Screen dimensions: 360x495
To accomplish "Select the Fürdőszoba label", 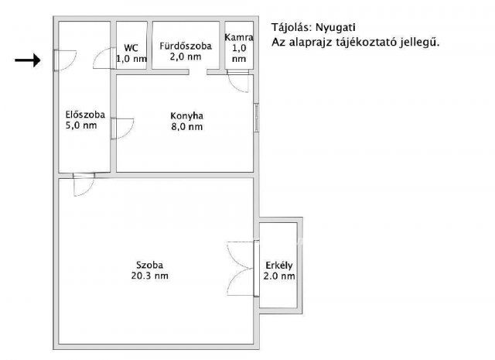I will (186, 46).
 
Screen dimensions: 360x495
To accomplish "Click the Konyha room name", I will (186, 117).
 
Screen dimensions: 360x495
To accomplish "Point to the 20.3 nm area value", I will (151, 276).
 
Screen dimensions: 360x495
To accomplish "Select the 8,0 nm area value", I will (186, 128).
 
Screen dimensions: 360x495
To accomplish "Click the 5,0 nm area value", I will (84, 126).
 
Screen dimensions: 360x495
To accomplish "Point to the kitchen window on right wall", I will (256, 116).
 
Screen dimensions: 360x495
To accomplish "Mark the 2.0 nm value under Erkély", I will (278, 276).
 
